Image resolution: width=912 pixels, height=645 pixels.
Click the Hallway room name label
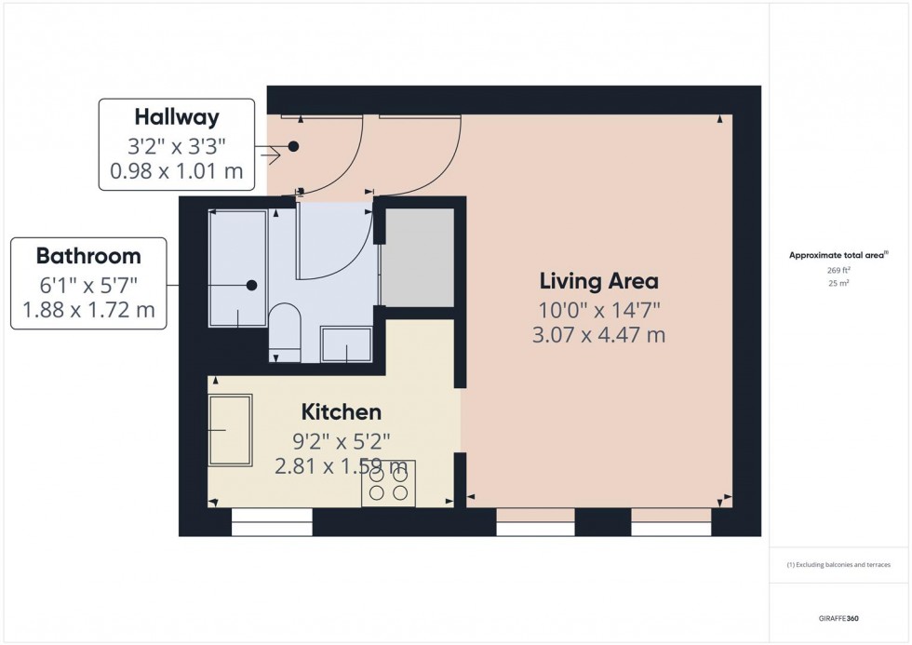177,117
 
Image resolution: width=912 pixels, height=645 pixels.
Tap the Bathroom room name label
88,255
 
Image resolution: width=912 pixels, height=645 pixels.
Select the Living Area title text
599,280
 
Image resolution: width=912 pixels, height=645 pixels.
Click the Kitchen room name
341,411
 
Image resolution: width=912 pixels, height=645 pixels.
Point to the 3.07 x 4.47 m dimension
599,334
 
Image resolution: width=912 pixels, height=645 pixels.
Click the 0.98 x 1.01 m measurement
177,171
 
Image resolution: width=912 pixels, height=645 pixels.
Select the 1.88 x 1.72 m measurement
88,310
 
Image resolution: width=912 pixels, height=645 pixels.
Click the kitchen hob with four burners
388,483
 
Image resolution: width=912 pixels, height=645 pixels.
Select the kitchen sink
230,430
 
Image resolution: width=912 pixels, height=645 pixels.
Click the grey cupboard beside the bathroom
419,257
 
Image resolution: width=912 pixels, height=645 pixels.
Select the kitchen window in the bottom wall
272,528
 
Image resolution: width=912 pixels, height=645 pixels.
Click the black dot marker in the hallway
293,146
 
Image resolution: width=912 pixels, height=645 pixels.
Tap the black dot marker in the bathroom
251,286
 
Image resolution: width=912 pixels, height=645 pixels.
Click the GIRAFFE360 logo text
839,618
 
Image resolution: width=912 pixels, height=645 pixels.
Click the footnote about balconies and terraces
839,565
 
